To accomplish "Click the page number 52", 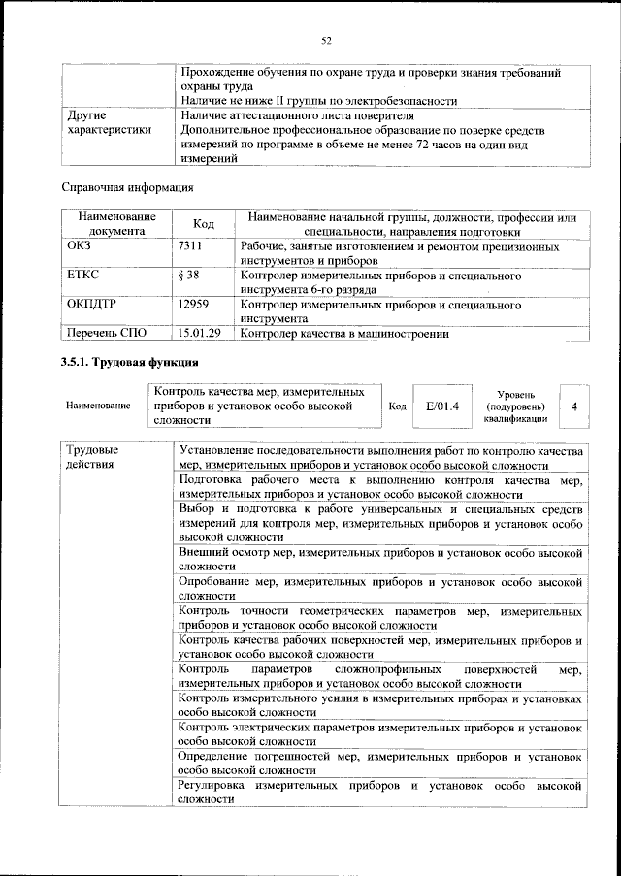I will (x=327, y=40).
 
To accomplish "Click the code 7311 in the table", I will (x=192, y=247).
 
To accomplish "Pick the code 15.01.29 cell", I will (x=201, y=334).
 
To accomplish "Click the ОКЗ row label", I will (x=79, y=247).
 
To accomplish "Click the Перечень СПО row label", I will (x=107, y=334).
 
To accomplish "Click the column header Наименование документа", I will (x=117, y=224).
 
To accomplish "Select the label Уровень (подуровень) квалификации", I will (x=518, y=407).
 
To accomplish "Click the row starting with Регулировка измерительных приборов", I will (x=380, y=791).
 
